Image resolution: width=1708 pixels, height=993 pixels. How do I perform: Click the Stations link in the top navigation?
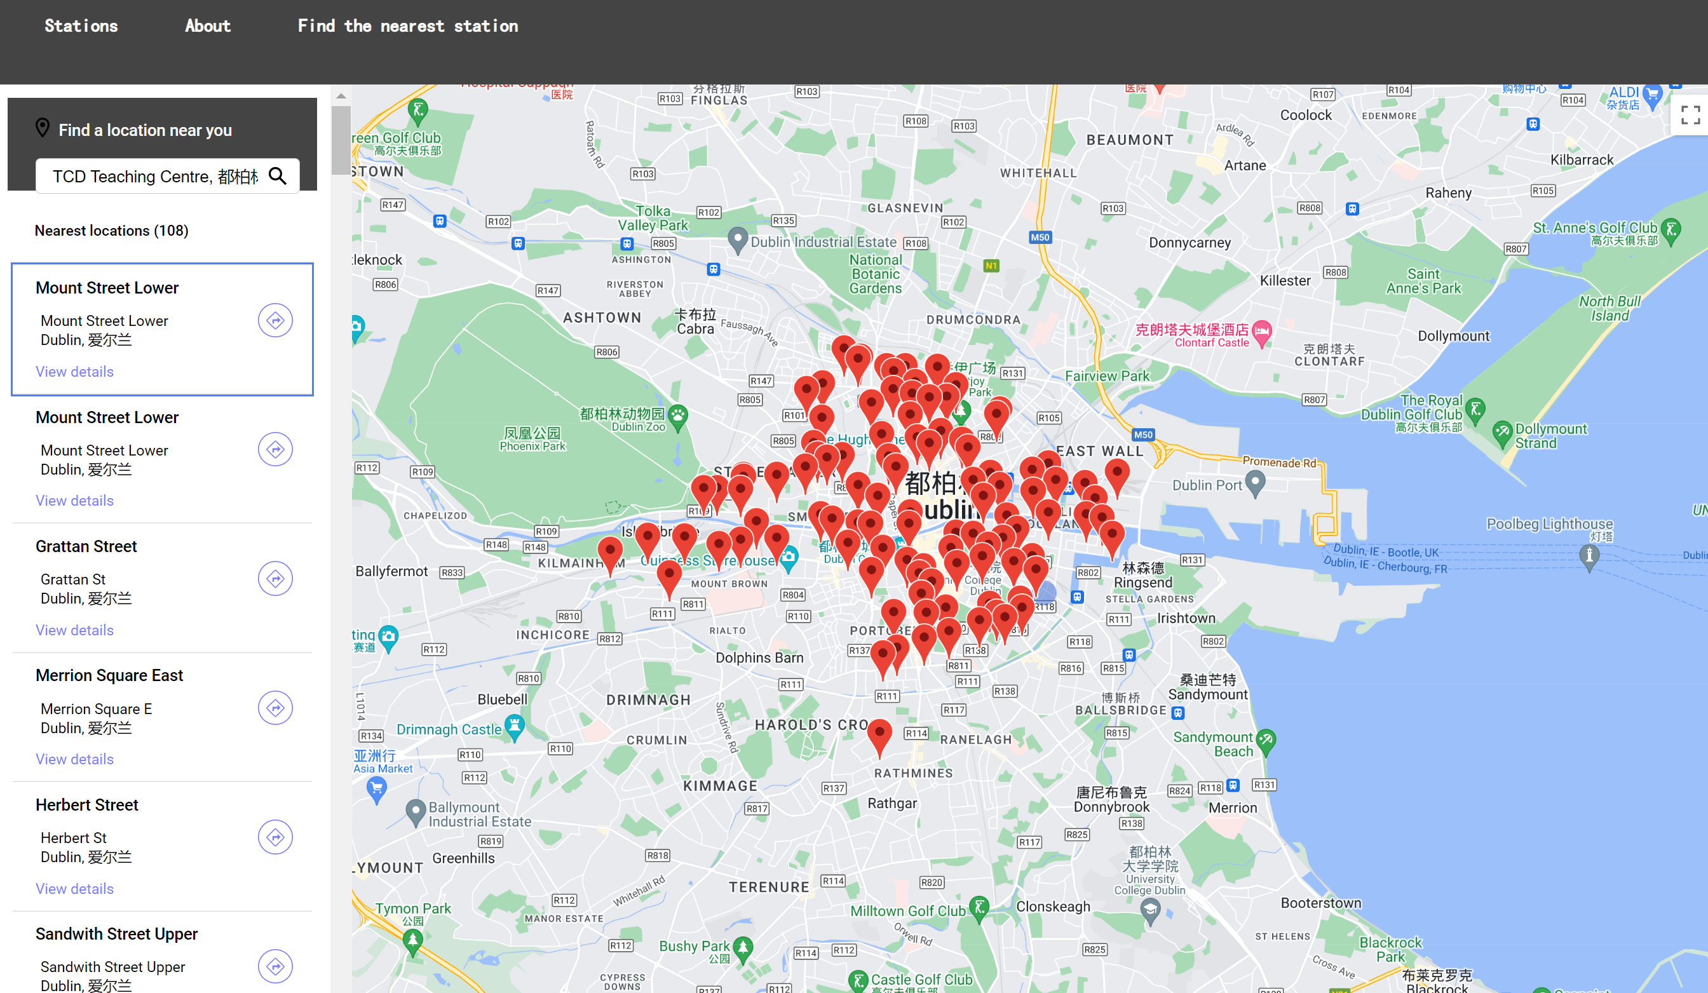pos(81,26)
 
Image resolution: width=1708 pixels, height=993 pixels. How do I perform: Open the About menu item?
pos(207,26)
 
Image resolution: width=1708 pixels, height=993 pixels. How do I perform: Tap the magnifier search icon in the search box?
pos(277,176)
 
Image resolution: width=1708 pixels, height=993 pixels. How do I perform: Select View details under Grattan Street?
pos(74,630)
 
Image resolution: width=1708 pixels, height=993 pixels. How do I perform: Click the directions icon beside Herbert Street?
pos(275,837)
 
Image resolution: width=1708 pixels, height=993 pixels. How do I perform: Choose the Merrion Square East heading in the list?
pos(109,675)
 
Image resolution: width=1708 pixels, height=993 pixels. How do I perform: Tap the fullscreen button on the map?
pos(1690,115)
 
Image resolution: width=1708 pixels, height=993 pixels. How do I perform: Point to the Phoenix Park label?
pos(532,438)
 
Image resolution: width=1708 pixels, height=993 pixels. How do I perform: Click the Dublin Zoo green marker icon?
pos(678,414)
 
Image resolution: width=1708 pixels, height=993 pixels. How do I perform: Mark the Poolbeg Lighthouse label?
pos(1549,524)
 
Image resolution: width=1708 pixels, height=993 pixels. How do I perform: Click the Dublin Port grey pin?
pos(1255,483)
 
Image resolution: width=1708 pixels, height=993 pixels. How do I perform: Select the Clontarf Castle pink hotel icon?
pos(1261,332)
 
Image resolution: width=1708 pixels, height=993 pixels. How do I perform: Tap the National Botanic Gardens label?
pos(876,274)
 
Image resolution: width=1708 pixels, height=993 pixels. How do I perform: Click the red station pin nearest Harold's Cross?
pos(879,734)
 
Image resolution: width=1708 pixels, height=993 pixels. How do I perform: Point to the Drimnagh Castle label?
pos(449,729)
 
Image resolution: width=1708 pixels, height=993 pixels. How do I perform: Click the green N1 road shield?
pos(991,266)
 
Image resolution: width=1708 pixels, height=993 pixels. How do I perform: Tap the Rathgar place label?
pos(892,803)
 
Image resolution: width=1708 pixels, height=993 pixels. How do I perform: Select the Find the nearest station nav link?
pos(407,26)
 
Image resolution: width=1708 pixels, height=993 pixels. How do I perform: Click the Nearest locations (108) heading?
pos(111,231)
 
